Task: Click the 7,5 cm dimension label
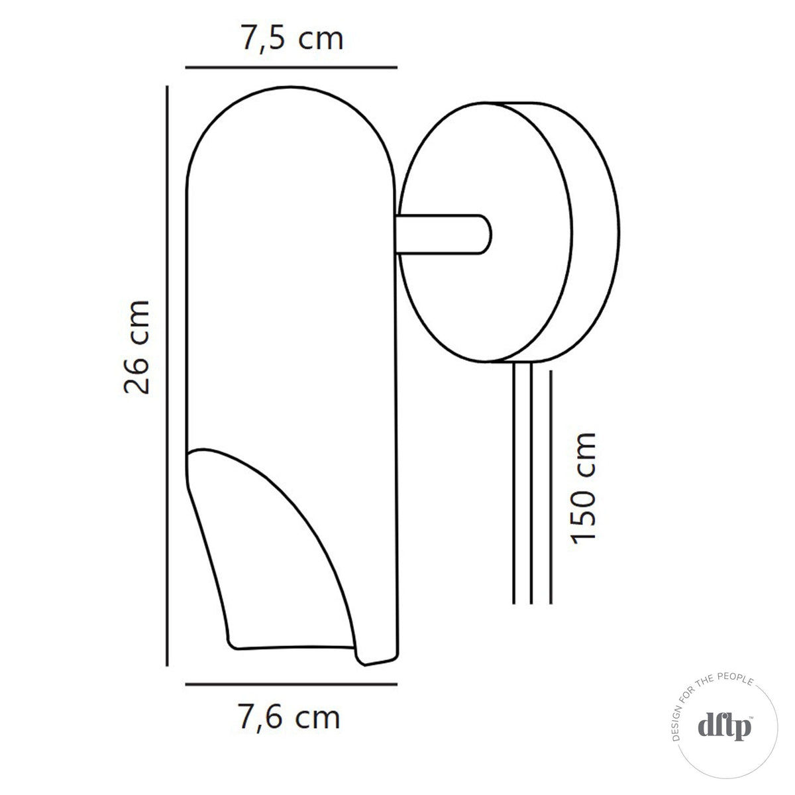tap(291, 40)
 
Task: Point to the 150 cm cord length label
tap(583, 488)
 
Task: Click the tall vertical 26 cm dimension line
tap(168, 375)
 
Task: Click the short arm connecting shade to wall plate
tap(441, 234)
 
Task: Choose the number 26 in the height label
tap(138, 375)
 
